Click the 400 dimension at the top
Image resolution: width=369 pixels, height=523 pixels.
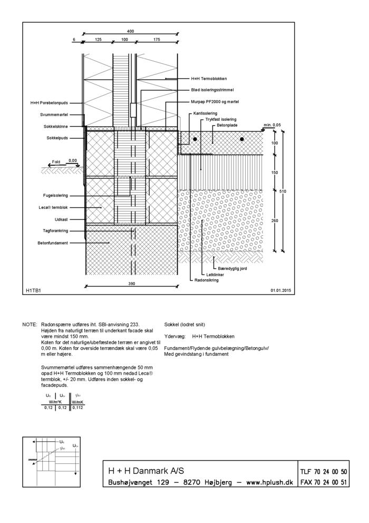click(131, 31)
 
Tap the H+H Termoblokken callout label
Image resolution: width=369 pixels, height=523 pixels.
click(209, 79)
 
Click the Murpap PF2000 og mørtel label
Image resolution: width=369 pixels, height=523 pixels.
click(217, 102)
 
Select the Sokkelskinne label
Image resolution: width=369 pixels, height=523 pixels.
click(55, 127)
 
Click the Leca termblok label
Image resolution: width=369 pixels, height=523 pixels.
click(54, 207)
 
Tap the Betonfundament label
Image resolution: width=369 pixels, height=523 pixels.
click(53, 243)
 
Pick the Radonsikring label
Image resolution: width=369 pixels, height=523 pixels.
click(207, 281)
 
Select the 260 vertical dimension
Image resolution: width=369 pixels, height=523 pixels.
click(275, 220)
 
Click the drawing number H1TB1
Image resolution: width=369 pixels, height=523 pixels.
click(34, 290)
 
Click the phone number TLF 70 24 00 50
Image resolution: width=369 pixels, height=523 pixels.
click(323, 472)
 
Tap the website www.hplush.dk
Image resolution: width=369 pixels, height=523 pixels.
click(270, 482)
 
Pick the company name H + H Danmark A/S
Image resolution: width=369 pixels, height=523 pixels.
click(146, 471)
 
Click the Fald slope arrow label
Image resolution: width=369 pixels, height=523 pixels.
click(56, 162)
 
